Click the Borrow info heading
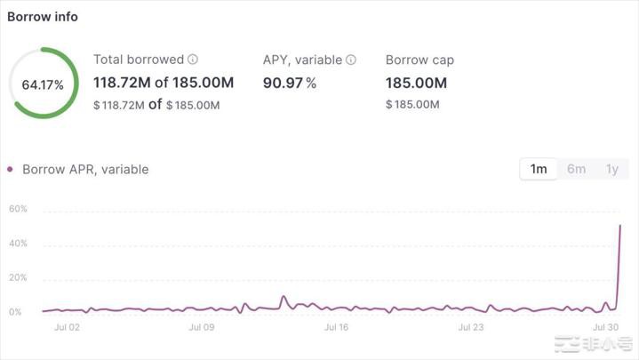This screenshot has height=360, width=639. coord(42,17)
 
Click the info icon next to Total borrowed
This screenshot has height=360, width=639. coord(193,60)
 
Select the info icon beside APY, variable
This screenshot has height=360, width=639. coord(351,60)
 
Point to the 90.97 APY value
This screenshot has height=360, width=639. coord(284,83)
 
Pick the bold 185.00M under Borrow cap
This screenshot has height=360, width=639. coord(416,83)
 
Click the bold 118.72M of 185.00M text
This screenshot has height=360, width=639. coord(164,83)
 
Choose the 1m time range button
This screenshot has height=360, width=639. coord(539,169)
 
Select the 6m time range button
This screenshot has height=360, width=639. coord(576,169)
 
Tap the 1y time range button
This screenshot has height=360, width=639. coord(611,169)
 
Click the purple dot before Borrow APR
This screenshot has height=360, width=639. coord(11,169)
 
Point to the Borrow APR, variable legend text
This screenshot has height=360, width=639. coord(85,169)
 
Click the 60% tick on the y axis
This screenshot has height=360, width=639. coord(18,209)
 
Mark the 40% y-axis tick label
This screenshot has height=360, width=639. coord(18,244)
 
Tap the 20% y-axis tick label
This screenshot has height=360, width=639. coord(18,278)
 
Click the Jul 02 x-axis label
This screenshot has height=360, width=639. coord(67,327)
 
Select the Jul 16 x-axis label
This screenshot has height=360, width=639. coord(337,327)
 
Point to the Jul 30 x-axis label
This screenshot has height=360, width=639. coord(605,327)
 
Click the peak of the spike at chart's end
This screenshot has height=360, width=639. coord(619,226)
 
